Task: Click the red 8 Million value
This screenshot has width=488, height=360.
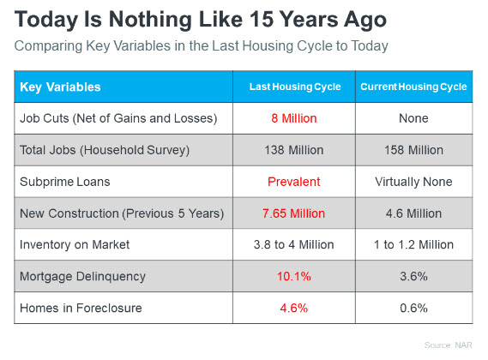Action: tap(294, 118)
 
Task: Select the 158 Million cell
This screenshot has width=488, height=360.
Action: tap(413, 150)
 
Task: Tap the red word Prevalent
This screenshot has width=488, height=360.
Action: tap(294, 182)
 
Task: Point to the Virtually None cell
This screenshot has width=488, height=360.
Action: tap(413, 182)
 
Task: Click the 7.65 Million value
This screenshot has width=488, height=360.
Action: tap(294, 213)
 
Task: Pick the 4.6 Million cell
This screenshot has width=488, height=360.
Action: tap(413, 213)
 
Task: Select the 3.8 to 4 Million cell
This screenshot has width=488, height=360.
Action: tap(294, 244)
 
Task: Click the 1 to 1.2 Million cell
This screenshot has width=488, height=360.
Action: tap(413, 244)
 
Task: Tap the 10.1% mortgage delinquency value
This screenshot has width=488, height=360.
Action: tap(294, 276)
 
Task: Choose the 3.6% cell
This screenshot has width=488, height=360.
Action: tap(413, 276)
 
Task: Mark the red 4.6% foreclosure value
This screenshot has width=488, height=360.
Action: tap(294, 308)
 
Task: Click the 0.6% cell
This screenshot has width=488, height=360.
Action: tap(413, 308)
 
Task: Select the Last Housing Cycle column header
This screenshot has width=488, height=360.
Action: tap(295, 87)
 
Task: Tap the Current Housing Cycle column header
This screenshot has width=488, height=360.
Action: tap(413, 87)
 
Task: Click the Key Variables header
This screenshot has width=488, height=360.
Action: tap(60, 87)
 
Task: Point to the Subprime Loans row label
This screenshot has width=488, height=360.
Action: tap(64, 182)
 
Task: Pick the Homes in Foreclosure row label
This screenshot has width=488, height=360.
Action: tap(81, 308)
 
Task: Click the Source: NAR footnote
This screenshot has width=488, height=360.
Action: tap(449, 345)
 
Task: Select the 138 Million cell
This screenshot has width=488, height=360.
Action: tap(294, 150)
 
